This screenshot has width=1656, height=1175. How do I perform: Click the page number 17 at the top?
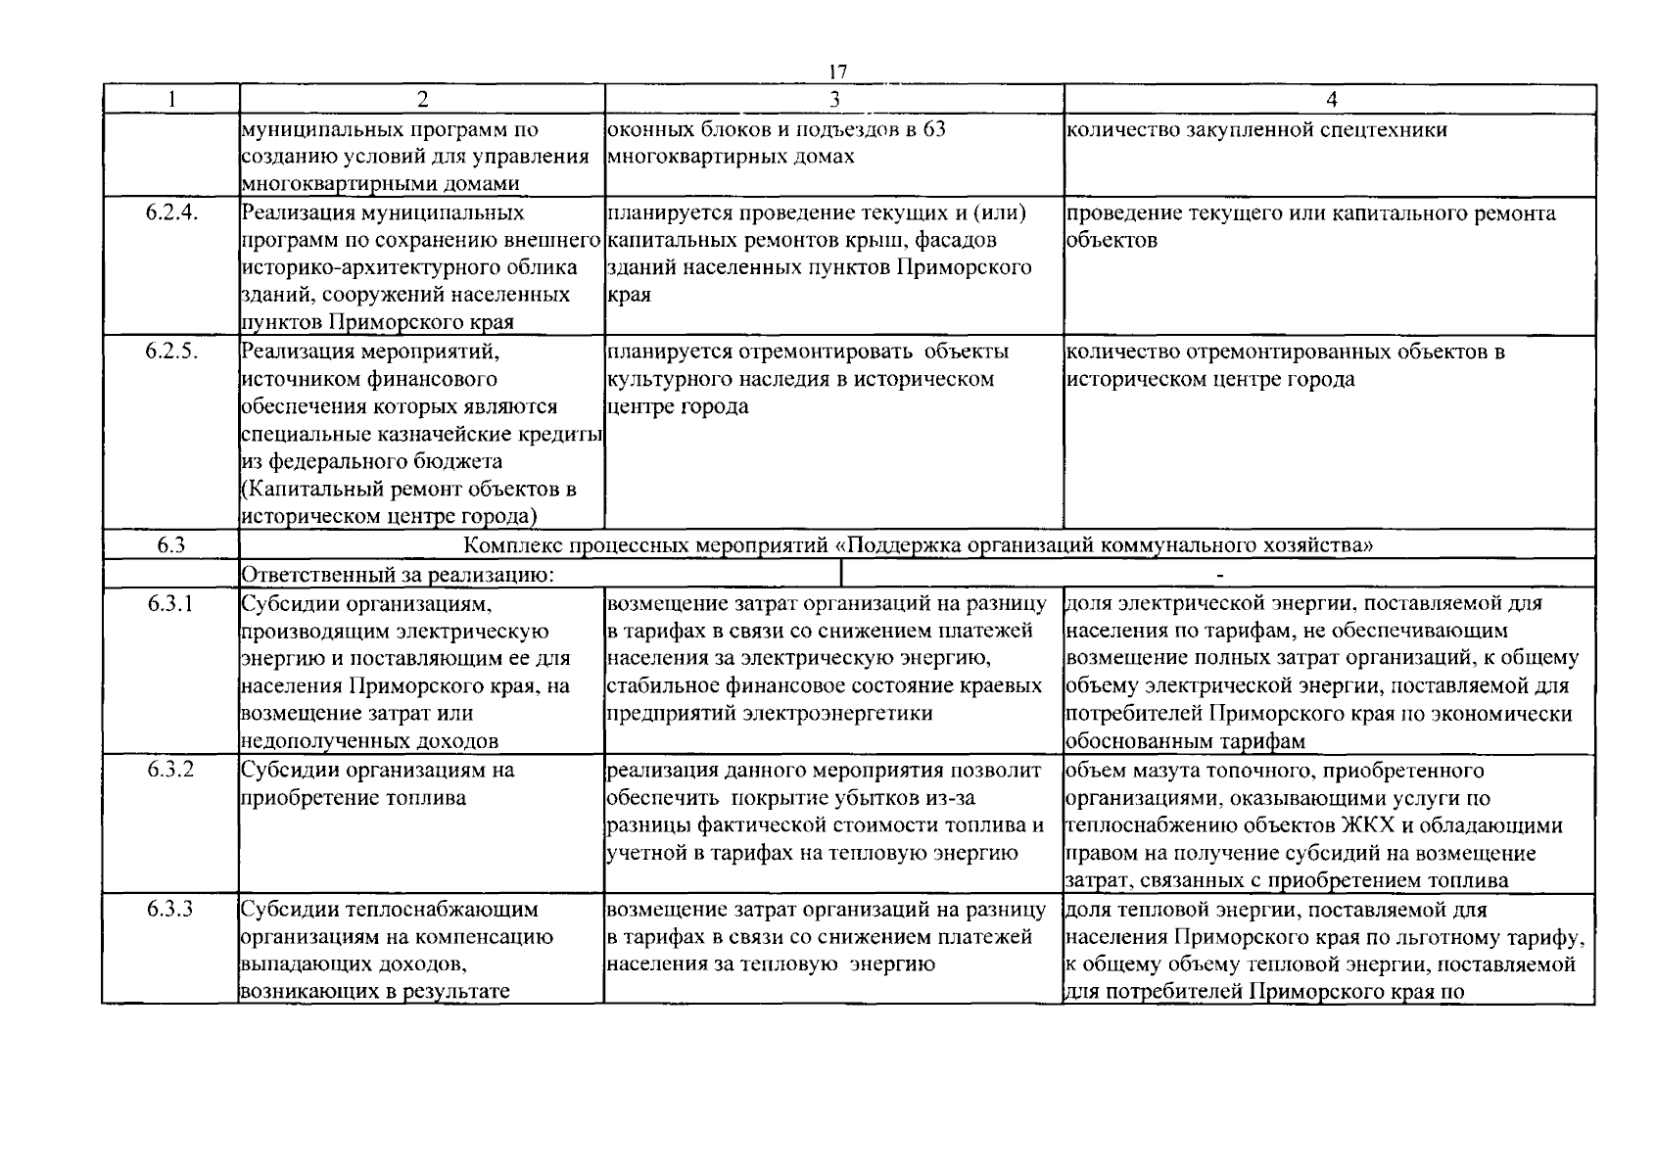click(x=836, y=72)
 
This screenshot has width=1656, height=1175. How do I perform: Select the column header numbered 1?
click(x=171, y=99)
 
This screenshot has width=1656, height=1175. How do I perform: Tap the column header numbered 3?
click(x=834, y=99)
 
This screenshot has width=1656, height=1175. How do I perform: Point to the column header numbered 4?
click(x=1330, y=99)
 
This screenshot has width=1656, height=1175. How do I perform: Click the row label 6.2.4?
click(x=171, y=213)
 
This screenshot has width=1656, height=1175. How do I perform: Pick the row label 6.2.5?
click(x=171, y=352)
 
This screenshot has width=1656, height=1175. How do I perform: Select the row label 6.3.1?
click(x=171, y=604)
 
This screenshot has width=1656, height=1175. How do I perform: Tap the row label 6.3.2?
click(x=171, y=771)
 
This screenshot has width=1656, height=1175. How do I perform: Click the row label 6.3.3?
click(x=171, y=910)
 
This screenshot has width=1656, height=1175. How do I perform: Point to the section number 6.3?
click(x=170, y=546)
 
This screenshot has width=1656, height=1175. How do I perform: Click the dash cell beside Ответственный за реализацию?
click(x=1219, y=575)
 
